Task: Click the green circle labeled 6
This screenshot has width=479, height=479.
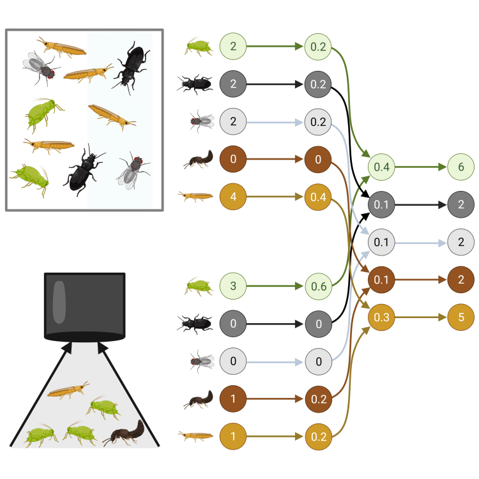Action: [x=461, y=167]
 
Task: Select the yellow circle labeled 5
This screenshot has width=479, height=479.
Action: [x=461, y=317]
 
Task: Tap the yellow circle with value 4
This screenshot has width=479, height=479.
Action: [x=232, y=197]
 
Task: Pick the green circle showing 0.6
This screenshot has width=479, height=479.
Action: [x=319, y=287]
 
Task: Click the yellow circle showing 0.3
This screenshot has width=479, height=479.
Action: [x=382, y=317]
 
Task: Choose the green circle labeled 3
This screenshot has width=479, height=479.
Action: [x=232, y=287]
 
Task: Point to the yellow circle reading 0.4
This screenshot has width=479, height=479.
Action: [x=319, y=197]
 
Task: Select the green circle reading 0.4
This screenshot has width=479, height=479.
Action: [x=382, y=167]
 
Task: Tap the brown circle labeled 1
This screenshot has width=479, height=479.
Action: [x=232, y=399]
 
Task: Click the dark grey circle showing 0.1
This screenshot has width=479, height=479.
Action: [x=382, y=205]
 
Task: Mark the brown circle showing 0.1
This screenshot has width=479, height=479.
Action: [x=382, y=280]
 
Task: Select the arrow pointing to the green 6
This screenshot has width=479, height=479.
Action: [x=422, y=167]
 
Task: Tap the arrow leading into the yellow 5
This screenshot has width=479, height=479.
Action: [x=422, y=317]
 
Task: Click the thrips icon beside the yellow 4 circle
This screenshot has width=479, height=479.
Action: [x=195, y=197]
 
